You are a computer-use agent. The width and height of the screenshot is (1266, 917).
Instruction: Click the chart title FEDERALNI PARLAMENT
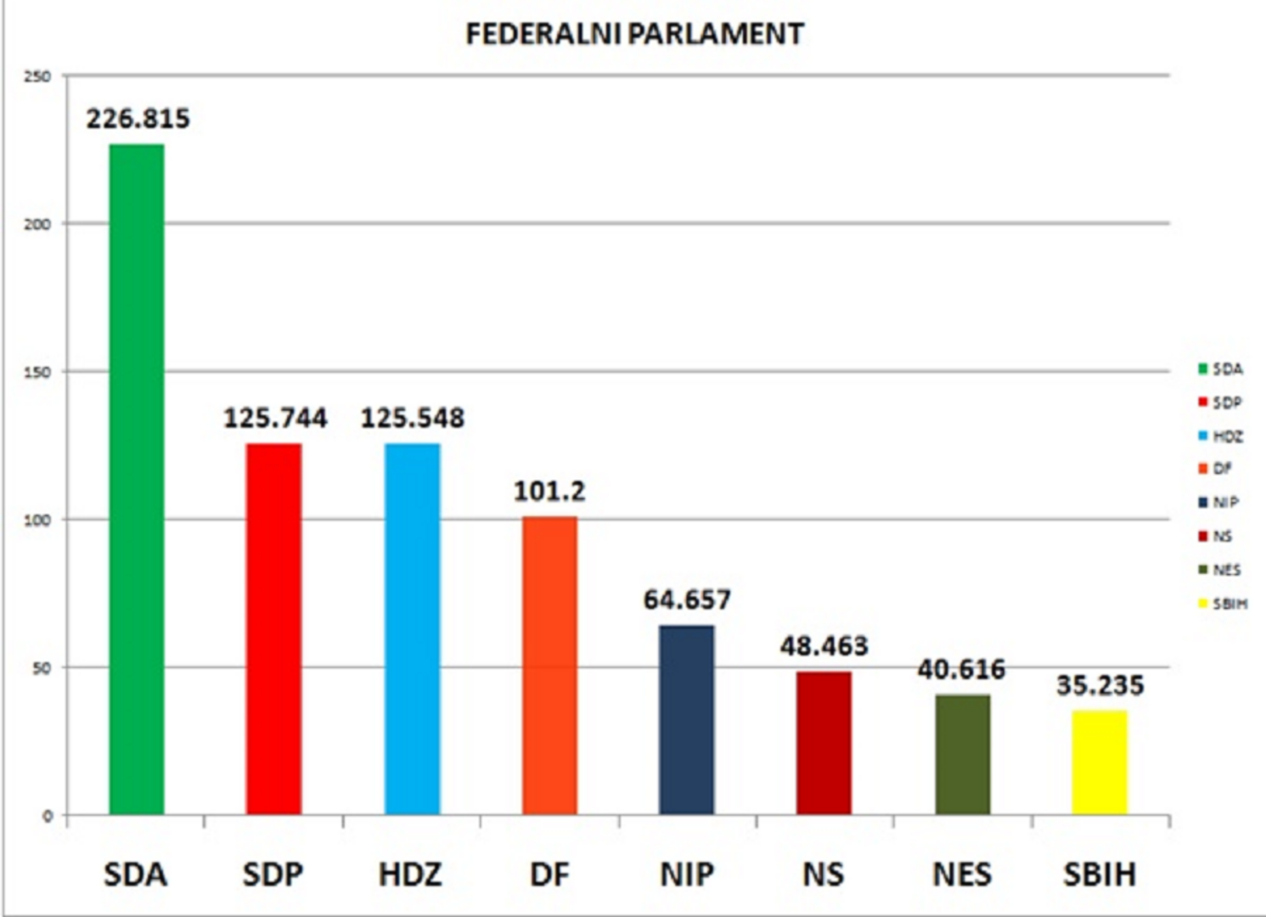(634, 34)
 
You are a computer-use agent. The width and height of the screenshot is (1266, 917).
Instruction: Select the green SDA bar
(137, 480)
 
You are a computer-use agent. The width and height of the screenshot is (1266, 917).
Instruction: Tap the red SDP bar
(273, 628)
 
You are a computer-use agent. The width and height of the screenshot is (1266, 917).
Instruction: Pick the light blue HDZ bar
(412, 628)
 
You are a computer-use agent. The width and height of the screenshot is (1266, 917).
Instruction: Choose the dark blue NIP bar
(686, 719)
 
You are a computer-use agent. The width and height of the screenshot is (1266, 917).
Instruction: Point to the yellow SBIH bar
(1100, 762)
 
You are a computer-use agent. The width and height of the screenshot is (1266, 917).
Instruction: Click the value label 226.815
(138, 119)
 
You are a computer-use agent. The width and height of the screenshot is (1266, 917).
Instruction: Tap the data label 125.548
(413, 418)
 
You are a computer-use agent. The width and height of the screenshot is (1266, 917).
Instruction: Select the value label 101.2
(549, 491)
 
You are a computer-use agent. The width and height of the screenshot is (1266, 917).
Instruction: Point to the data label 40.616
(961, 670)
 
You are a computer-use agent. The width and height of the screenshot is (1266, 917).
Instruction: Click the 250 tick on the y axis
(37, 76)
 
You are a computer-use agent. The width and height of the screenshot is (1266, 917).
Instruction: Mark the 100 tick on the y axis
(37, 520)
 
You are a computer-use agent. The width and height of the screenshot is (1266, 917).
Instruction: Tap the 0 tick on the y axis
(48, 816)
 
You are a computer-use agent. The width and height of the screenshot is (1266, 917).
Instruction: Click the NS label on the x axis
(823, 875)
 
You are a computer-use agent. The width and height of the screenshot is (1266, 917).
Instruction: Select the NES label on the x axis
(961, 875)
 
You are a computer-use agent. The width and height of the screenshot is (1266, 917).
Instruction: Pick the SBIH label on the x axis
(1100, 875)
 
